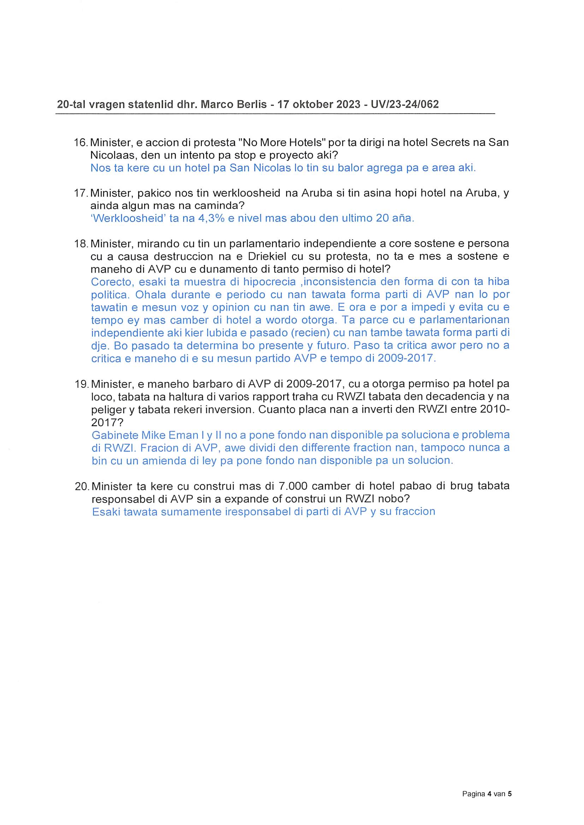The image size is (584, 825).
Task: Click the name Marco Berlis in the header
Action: tap(234, 104)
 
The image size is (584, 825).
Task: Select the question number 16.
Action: tap(80, 143)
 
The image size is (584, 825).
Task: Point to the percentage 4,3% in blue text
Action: tap(211, 218)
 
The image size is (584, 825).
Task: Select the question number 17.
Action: tap(80, 193)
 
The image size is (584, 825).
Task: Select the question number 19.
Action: tap(81, 384)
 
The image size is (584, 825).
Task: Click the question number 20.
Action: tap(82, 486)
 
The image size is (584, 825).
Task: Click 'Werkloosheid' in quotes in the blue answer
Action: tap(128, 218)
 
